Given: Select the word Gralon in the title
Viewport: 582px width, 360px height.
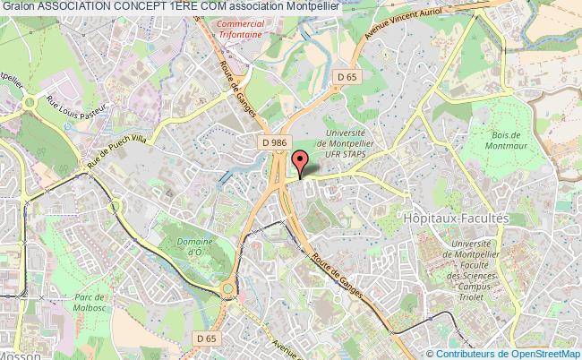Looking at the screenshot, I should point(18,6).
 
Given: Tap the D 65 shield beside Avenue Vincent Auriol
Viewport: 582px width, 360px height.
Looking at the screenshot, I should point(347,78).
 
